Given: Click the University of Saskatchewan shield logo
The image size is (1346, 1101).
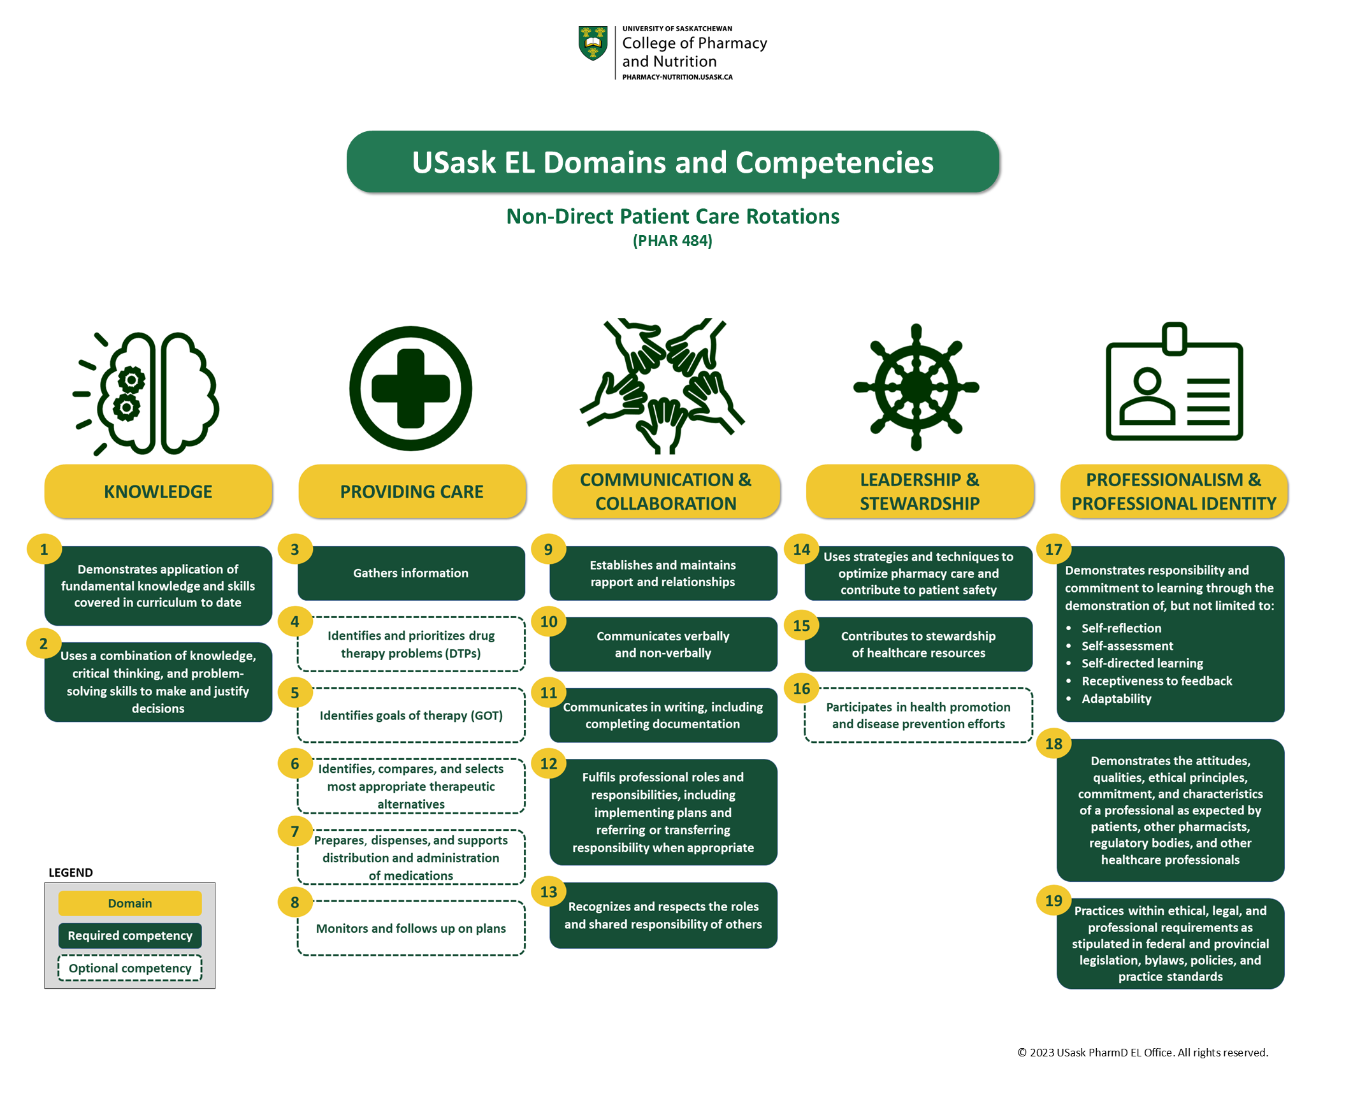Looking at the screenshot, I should (x=592, y=43).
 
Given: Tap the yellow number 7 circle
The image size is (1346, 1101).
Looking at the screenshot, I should (x=295, y=831).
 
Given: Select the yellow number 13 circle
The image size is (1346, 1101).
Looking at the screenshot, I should (x=548, y=892).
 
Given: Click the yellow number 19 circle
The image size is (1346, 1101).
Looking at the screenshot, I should (x=1053, y=900).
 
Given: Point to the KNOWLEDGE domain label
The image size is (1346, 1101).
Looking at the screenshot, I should (x=158, y=491).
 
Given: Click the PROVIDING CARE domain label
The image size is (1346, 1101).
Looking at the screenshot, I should (x=412, y=491).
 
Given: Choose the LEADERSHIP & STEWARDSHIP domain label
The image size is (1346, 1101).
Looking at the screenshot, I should (x=919, y=491).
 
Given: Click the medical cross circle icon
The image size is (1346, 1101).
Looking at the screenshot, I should (x=411, y=389).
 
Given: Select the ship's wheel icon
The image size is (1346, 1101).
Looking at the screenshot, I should (x=916, y=387).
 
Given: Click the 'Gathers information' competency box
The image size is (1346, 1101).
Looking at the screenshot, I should (x=411, y=573).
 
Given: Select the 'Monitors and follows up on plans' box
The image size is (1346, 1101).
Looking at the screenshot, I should (x=411, y=928).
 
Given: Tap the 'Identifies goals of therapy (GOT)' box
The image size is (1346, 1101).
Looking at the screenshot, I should (x=411, y=716).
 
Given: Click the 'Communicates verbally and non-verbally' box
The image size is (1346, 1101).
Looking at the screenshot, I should (x=663, y=644).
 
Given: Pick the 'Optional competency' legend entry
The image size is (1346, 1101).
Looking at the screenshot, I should (x=130, y=968).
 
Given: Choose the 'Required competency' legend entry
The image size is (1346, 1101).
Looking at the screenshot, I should (x=130, y=935).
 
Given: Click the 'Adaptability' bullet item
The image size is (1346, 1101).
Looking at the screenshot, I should (x=1116, y=698).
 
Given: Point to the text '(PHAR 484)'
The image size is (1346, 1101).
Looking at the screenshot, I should (x=672, y=241).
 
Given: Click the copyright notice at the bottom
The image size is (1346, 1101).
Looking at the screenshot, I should (x=1142, y=1053).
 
